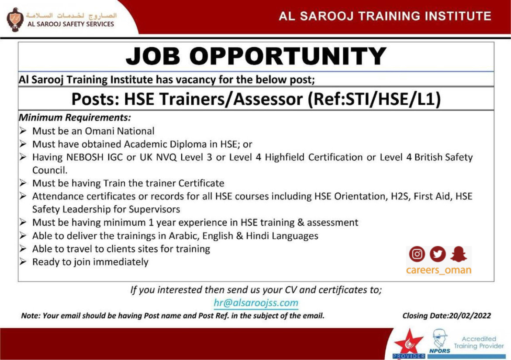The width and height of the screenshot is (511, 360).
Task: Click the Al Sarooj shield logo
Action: pyautogui.click(x=15, y=20)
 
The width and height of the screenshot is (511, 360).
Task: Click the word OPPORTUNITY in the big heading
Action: pyautogui.click(x=288, y=56)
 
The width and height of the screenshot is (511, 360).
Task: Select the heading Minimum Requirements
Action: pyautogui.click(x=75, y=117)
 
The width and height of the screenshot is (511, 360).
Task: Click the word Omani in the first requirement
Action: pyautogui.click(x=99, y=131)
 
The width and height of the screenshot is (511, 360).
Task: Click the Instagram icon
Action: pyautogui.click(x=417, y=254)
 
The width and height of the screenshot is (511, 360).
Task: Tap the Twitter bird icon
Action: pyautogui.click(x=438, y=254)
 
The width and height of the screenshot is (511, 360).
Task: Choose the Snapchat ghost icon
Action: pyautogui.click(x=459, y=254)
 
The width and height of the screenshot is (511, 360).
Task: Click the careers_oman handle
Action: pyautogui.click(x=438, y=270)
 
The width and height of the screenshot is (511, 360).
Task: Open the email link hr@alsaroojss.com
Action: pyautogui.click(x=256, y=303)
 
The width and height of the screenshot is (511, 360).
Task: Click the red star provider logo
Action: pyautogui.click(x=409, y=344)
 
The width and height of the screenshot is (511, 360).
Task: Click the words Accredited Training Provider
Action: pyautogui.click(x=479, y=343)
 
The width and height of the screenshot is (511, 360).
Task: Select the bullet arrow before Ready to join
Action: pyautogui.click(x=22, y=262)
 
